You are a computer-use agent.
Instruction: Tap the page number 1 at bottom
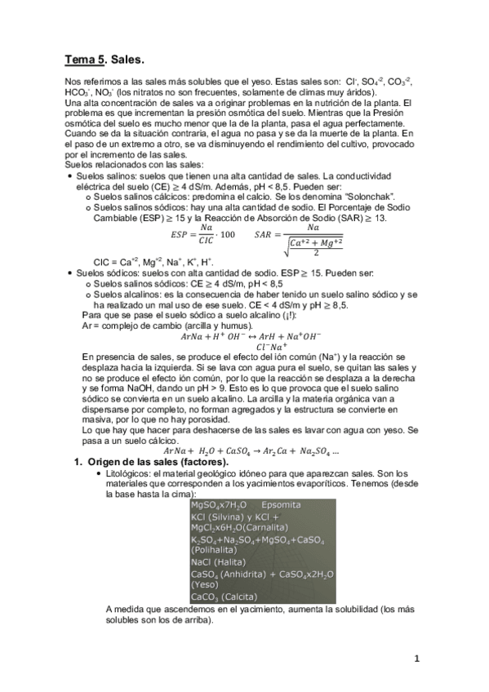(416, 659)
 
